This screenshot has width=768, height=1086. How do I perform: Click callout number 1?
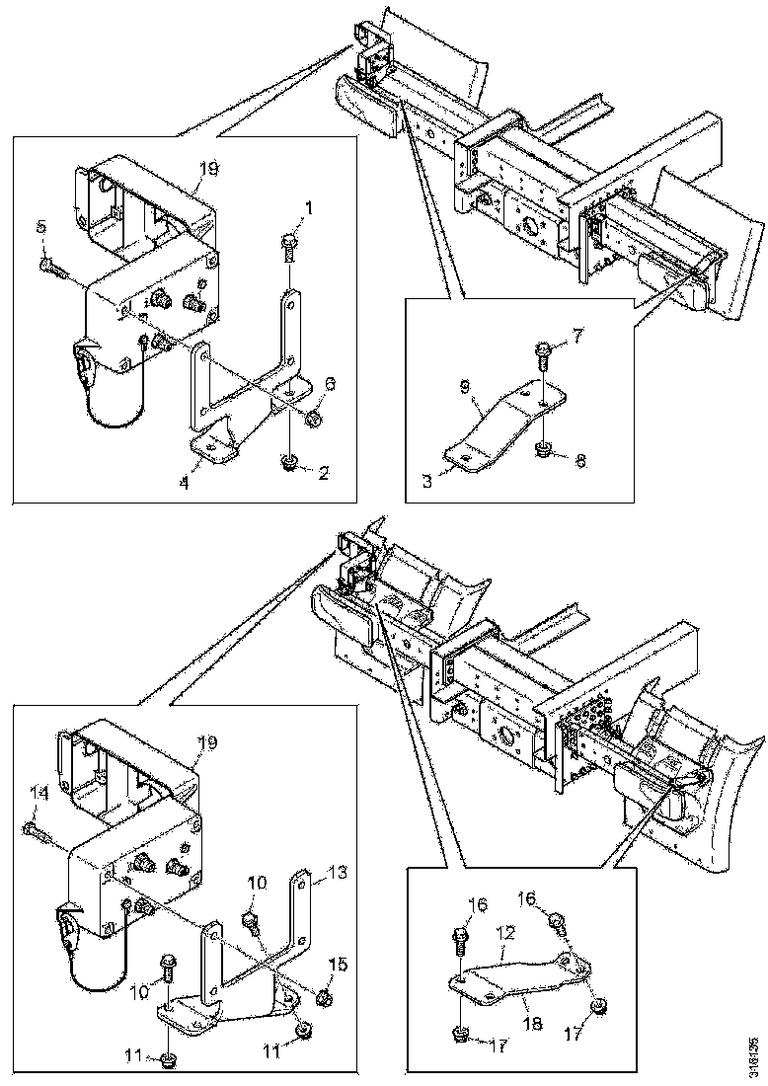[x=309, y=208]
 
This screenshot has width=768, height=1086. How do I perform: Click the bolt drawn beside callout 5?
[x=49, y=264]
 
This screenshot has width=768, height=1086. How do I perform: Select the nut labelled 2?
[x=289, y=460]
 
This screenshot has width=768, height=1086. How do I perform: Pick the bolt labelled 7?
[x=544, y=350]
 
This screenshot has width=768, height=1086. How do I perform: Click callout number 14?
[x=38, y=792]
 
